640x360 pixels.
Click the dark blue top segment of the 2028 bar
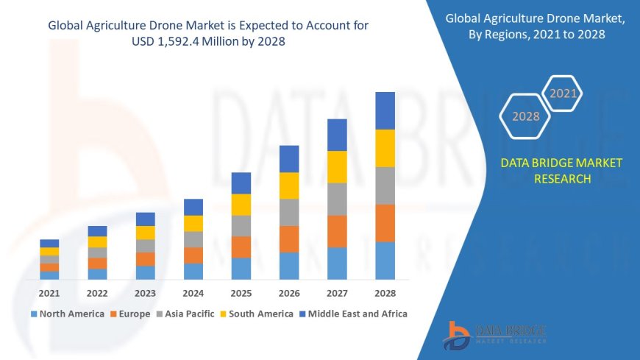[385, 110]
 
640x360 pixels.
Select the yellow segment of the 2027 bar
[337, 166]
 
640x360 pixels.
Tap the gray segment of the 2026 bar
[289, 212]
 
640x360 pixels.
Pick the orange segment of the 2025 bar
[241, 247]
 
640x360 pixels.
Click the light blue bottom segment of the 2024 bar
[193, 271]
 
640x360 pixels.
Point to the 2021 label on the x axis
[49, 293]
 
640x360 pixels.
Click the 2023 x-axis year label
[146, 293]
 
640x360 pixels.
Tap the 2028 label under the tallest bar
[385, 293]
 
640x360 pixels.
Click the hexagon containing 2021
[563, 94]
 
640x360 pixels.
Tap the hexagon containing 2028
[525, 116]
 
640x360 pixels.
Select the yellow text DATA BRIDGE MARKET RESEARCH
[561, 170]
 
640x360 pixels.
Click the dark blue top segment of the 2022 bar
[97, 231]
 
